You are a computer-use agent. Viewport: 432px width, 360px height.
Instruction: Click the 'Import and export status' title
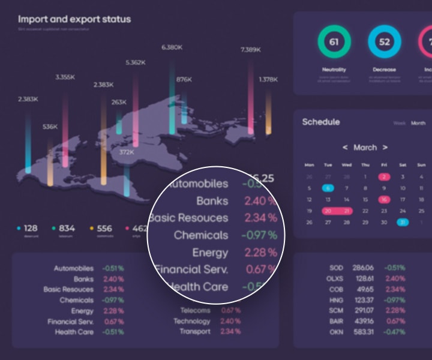point(74,19)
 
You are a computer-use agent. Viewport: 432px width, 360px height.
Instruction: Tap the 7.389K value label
point(251,50)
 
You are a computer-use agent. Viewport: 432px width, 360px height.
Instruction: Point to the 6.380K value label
point(172,47)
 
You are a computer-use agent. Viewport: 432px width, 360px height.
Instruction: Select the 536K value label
point(50,127)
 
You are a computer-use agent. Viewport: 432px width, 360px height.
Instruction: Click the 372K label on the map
point(126,152)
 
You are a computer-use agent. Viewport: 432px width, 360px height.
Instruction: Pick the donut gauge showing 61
point(334,43)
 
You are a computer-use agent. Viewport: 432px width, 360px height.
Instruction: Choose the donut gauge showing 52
point(385,43)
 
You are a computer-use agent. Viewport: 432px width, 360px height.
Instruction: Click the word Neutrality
point(334,70)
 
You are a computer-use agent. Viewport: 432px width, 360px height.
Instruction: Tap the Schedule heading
point(321,122)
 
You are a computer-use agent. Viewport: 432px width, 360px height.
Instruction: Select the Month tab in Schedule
point(418,123)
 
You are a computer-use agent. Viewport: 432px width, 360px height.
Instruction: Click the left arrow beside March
point(345,147)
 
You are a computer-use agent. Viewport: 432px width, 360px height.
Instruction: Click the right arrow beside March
point(385,147)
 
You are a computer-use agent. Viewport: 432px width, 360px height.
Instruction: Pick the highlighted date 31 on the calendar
point(403,222)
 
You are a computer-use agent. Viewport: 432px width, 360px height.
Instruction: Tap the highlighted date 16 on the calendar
point(384,199)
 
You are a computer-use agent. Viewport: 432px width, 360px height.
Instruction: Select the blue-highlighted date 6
point(328,188)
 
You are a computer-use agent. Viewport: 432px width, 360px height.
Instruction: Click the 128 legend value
point(31,228)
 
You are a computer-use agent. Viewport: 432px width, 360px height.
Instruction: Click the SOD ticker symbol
point(336,268)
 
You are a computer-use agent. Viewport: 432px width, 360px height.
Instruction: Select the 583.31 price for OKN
point(363,331)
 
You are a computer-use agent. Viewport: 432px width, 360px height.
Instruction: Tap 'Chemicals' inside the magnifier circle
point(201,235)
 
